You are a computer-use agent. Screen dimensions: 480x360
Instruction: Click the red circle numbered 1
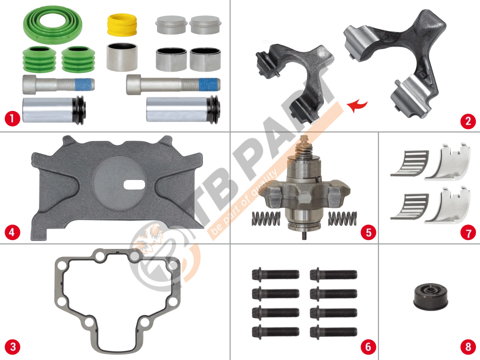point(12,118)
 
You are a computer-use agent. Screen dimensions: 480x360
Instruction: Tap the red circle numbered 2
point(468,121)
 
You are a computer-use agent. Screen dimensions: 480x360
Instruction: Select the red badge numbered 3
point(12,347)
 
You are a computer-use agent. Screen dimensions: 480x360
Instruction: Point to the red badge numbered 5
point(368,232)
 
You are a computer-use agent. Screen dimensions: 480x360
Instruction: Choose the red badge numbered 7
point(468,232)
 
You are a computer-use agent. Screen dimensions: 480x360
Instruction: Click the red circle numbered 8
point(468,347)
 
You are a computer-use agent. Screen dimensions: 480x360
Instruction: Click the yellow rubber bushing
point(122,24)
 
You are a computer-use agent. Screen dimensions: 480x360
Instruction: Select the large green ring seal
point(52,25)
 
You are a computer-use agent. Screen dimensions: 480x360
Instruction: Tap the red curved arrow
point(357,106)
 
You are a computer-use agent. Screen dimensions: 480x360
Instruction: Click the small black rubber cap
point(430,296)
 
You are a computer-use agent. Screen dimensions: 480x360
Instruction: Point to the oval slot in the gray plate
point(134,184)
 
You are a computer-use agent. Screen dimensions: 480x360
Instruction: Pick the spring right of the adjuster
point(342,218)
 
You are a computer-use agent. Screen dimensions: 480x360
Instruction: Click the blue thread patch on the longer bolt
point(209,84)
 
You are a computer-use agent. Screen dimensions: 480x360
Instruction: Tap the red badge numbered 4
point(12,232)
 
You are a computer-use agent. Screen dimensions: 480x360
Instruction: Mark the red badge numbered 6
point(368,347)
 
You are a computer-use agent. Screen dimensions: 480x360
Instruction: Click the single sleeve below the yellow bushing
point(122,57)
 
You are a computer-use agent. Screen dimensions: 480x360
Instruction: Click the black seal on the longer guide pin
point(213,110)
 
